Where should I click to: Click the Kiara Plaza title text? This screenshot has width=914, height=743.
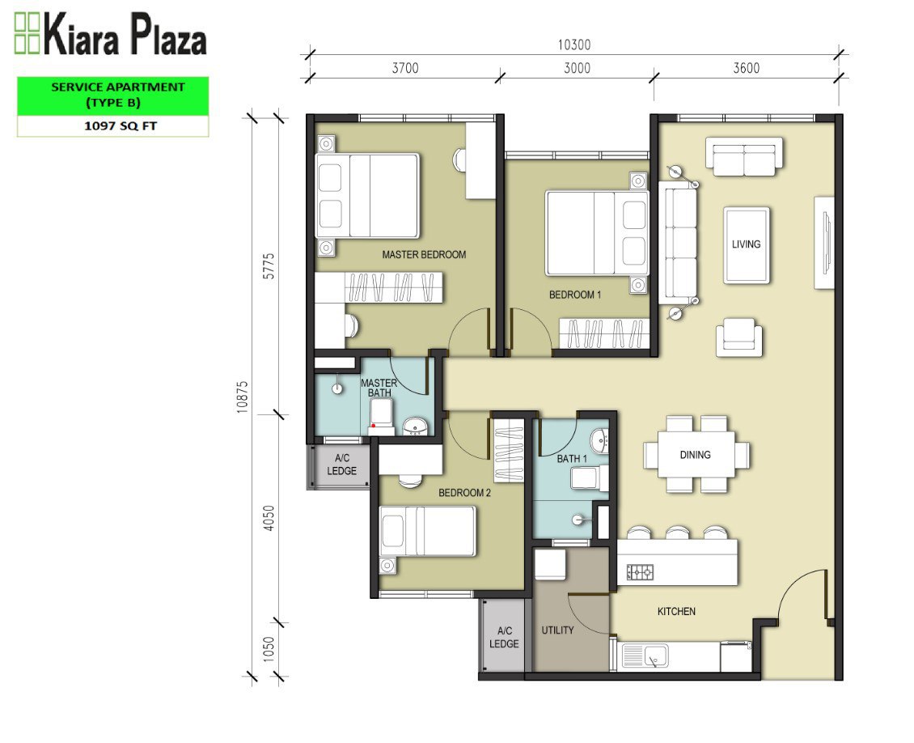pos(125,36)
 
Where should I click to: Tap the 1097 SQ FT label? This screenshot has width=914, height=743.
pos(121,126)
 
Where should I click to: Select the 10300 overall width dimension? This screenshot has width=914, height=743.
pos(574,45)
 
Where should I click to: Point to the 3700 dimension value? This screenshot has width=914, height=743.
pos(405,68)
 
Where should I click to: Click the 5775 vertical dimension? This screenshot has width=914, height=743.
pos(269,266)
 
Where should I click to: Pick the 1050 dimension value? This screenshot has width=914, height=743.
pos(269,649)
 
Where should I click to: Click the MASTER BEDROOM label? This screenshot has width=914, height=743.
pos(424,255)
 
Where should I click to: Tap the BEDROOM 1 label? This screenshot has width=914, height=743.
pos(575,295)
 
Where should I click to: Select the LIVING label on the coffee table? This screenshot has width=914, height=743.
pos(746,244)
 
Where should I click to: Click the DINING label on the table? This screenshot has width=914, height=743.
pos(696,455)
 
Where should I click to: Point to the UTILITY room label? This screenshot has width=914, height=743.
pos(557,630)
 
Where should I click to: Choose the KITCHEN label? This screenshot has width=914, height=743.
pos(676,612)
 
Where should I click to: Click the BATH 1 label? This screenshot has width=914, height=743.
pos(571,459)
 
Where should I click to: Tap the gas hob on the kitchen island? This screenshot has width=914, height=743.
pos(640,573)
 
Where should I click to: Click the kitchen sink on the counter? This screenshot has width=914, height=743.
pos(645,656)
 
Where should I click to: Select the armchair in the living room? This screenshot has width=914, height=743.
pos(739,337)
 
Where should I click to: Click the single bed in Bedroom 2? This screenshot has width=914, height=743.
pos(428,531)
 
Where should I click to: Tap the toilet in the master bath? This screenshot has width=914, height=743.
pos(381,416)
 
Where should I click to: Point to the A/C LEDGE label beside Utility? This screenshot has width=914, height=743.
pos(504,638)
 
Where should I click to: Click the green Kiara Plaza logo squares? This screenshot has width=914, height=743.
pos(27,33)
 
